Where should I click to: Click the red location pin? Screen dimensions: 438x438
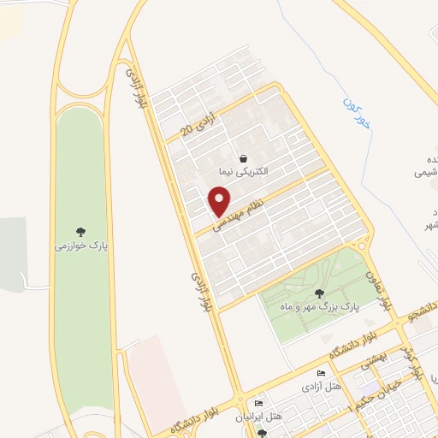[x=220, y=201]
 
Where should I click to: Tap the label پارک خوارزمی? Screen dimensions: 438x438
[x=80, y=244]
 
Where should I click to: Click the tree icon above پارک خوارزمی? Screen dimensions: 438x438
[x=81, y=231]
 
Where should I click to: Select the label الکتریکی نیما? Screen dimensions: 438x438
[x=244, y=171]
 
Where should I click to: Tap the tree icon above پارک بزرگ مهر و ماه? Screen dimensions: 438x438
[x=320, y=293]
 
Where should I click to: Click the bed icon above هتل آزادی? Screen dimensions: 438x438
[x=320, y=375]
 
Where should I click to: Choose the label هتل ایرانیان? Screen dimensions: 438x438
[x=260, y=417]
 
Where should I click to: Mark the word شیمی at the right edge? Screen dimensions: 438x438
[x=425, y=172]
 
